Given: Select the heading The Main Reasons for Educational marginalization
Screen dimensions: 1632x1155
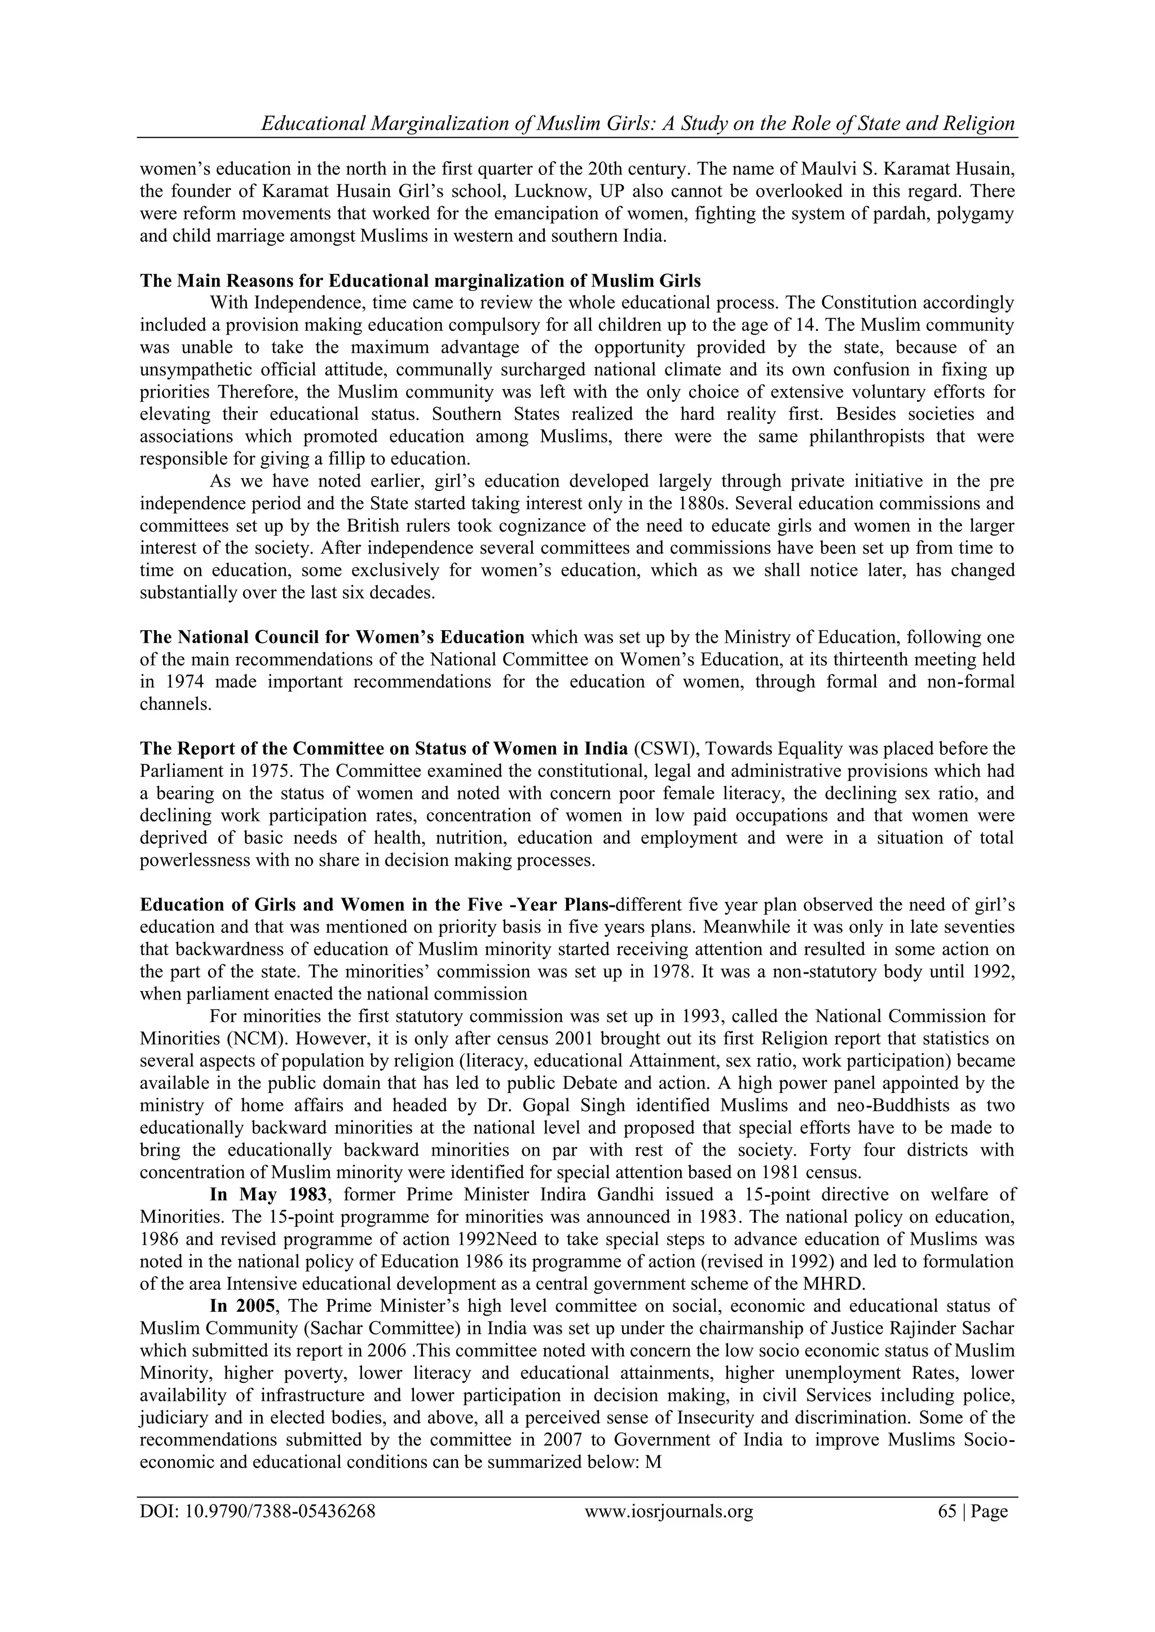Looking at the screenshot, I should click(x=420, y=281).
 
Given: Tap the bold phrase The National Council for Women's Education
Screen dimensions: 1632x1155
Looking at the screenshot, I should click(x=332, y=637).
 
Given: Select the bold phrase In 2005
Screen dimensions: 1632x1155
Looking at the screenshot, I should click(x=237, y=1306).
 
